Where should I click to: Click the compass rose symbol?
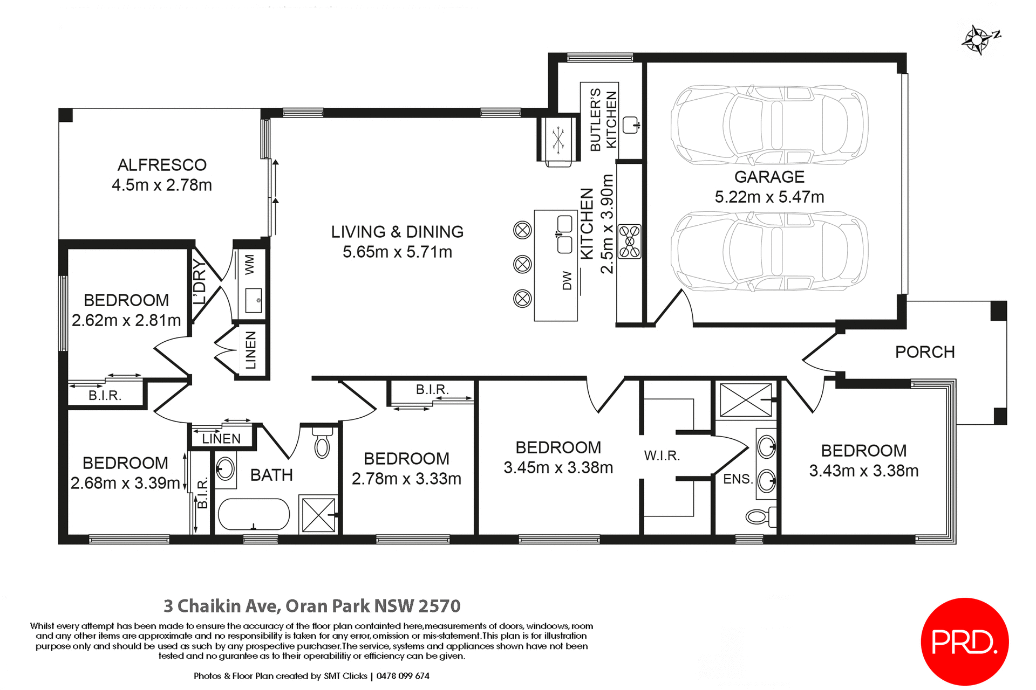point(978,40)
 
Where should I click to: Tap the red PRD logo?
point(964,641)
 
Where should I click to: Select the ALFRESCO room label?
point(162,165)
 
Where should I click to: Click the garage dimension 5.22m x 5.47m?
point(769,197)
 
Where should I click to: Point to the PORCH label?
point(925,352)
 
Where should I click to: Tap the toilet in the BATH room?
point(322,443)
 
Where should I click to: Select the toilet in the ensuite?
point(761,517)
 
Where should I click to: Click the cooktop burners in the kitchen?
point(629,241)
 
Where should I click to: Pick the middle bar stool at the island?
point(522,264)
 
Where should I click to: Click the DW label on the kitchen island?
point(567,280)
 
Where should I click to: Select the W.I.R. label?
point(662,456)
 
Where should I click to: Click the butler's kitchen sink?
point(630,125)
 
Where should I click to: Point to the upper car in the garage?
point(769,125)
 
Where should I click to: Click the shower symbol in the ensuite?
point(746,400)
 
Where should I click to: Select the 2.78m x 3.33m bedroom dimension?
point(406,479)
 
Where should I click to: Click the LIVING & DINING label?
point(397,232)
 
